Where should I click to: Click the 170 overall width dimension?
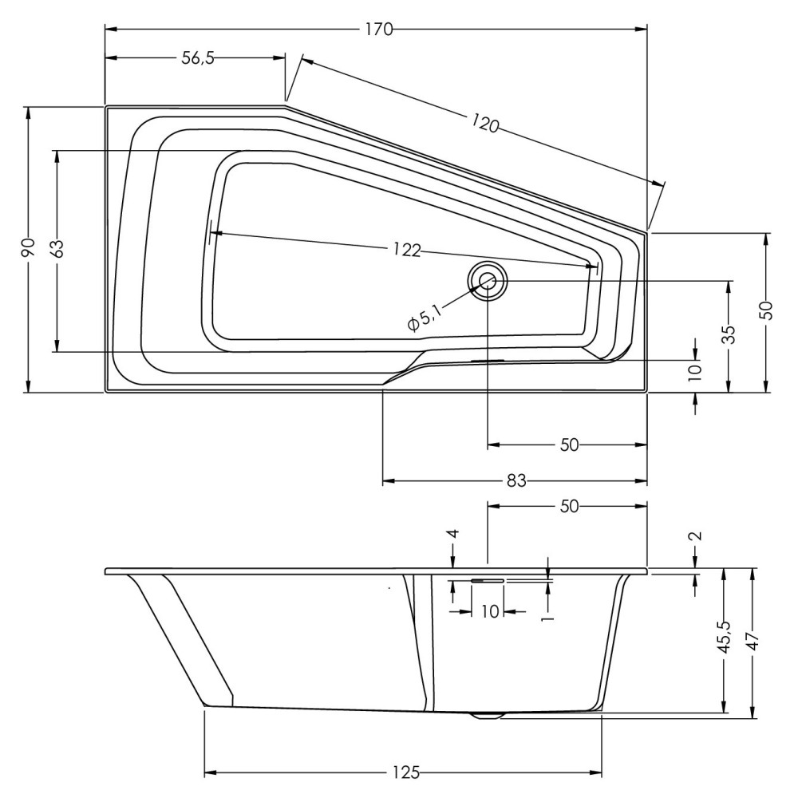(379, 30)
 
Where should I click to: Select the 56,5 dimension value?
(198, 58)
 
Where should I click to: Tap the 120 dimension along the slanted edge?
(484, 123)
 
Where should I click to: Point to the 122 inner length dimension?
(407, 249)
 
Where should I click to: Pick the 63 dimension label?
(57, 248)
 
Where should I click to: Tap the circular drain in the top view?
(488, 280)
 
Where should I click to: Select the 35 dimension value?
(729, 334)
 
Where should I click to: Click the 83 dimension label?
(516, 480)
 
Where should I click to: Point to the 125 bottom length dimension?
(407, 772)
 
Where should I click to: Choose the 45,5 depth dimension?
(725, 637)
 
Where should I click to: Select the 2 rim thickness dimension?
(697, 535)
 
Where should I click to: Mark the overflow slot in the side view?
(487, 579)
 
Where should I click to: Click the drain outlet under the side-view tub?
(487, 714)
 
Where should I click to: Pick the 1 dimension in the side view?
(547, 617)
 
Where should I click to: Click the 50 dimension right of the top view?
(767, 310)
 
